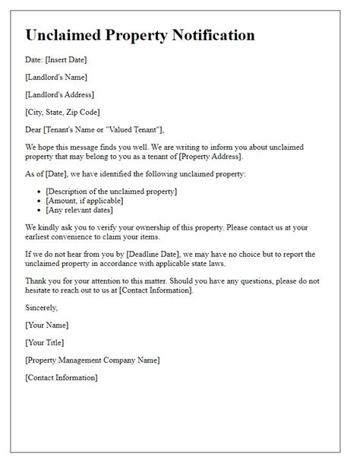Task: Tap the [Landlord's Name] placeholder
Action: [x=56, y=78]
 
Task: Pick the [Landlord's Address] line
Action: [x=59, y=94]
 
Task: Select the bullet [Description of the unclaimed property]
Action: [x=111, y=191]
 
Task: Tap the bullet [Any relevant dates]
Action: [x=80, y=211]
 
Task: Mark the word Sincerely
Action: [x=41, y=308]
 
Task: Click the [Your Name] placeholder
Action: [x=48, y=325]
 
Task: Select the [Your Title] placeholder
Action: [x=46, y=342]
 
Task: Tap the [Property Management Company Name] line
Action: [x=92, y=359]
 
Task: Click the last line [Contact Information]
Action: [x=61, y=376]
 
